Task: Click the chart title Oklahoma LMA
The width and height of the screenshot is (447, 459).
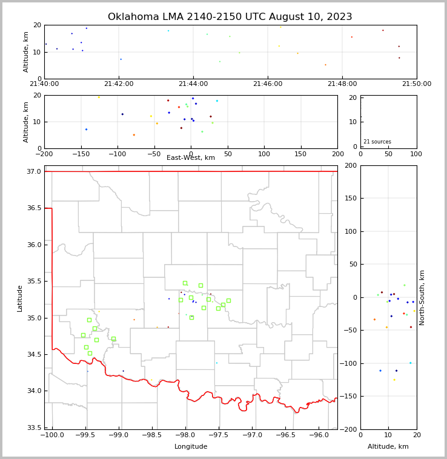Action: tap(230, 17)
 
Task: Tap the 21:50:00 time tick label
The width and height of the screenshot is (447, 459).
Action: tap(417, 84)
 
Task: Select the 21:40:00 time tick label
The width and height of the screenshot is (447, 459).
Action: tap(44, 84)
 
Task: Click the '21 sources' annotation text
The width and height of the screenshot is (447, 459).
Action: tap(377, 142)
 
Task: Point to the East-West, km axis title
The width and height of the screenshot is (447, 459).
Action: tap(191, 158)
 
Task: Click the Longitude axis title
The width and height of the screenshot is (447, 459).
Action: tap(191, 447)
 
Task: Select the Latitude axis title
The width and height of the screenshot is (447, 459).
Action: tap(20, 298)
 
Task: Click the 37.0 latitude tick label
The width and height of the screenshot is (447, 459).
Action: tap(34, 172)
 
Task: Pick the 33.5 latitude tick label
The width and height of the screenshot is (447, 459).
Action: tap(34, 428)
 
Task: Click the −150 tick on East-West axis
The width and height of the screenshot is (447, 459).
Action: tap(81, 154)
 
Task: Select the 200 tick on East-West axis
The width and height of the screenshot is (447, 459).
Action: tap(337, 154)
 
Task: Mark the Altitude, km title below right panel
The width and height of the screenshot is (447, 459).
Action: tap(388, 447)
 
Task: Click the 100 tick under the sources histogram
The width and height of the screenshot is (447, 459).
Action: tap(416, 154)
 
